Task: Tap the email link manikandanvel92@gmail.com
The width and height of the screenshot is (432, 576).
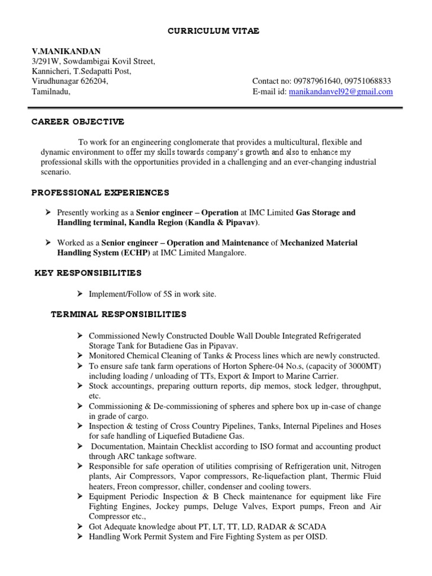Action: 340,92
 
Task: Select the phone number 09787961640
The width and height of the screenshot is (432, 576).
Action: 316,82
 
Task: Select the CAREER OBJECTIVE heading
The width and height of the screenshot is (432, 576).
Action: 78,122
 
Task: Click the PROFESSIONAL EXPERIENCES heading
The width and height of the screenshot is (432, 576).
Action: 100,193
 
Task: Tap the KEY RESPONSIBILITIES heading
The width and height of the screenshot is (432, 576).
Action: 88,273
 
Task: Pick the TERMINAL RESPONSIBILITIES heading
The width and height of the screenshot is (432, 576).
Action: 119,314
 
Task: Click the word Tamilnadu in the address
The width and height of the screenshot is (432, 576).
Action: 50,92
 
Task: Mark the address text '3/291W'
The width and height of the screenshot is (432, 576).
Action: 45,61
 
